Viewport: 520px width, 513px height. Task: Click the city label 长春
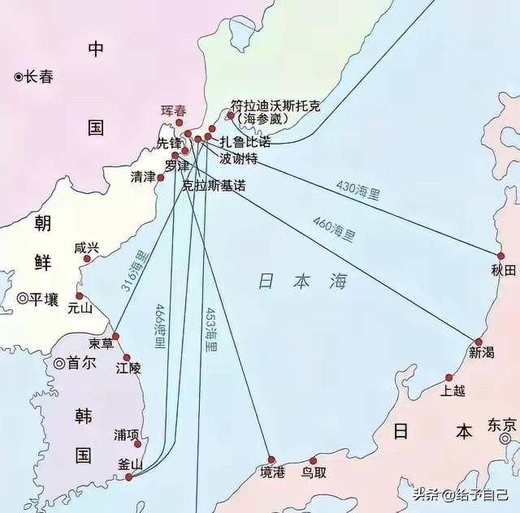tap(38, 77)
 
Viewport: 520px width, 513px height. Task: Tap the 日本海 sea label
tap(302, 282)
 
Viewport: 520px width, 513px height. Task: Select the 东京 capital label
tap(501, 425)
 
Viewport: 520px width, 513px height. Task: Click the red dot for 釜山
tap(129, 476)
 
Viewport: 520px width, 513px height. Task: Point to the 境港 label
tap(272, 473)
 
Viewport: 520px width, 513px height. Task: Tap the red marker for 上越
tap(448, 377)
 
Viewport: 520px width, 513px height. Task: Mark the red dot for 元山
tap(79, 296)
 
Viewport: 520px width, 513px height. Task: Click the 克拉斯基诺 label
tap(214, 185)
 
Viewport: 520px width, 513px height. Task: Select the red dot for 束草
tap(115, 336)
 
